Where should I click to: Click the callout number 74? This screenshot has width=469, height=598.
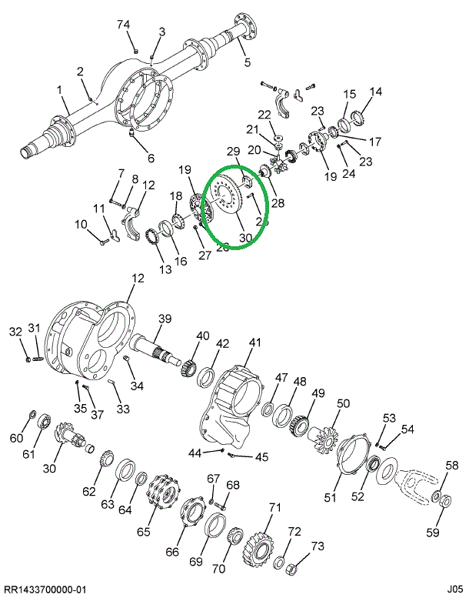[x=124, y=25]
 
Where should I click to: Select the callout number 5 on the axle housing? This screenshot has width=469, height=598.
[x=247, y=62]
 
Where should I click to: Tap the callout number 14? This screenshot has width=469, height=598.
[x=375, y=92]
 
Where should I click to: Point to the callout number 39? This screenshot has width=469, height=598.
[x=165, y=319]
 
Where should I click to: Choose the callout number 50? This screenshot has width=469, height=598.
[x=343, y=403]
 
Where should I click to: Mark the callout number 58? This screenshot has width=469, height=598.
[x=452, y=466]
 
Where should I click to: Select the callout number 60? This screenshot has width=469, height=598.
[x=16, y=439]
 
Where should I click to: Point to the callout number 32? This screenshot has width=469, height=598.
[x=15, y=332]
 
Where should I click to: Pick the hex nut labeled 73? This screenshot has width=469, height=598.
[x=292, y=570]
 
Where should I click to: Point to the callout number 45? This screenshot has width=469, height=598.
[x=262, y=457]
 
